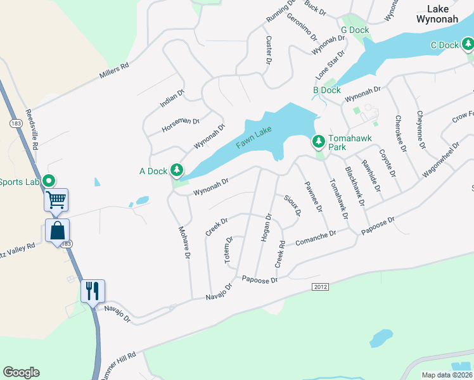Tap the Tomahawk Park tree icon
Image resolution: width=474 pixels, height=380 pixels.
[319, 141]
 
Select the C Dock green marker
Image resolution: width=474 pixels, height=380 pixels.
[468, 44]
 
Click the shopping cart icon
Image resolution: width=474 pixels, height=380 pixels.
[56, 200]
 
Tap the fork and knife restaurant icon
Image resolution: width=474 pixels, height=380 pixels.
[93, 291]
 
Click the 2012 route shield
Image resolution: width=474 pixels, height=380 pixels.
[321, 287]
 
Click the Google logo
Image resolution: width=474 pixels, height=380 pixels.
[21, 372]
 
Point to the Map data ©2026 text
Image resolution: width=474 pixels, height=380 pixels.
[447, 375]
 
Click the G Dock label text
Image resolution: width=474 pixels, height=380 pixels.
[354, 30]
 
